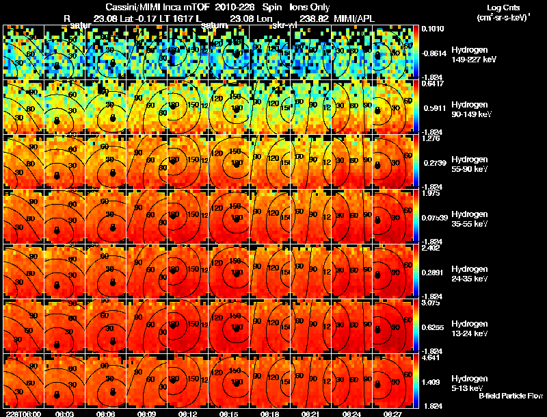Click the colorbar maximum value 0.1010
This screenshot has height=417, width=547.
pos(432,29)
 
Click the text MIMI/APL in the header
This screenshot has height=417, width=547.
pos(356,17)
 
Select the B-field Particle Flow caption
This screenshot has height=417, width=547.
pos(511,396)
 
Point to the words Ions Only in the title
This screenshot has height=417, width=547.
pos(310,6)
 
